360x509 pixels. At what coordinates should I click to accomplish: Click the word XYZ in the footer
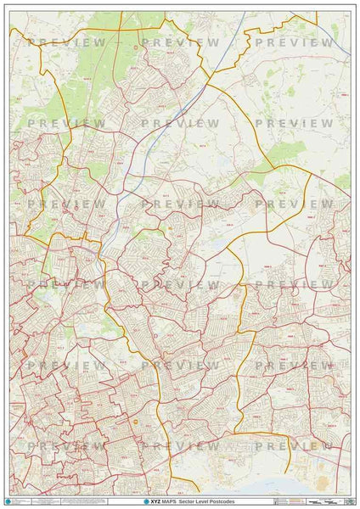tap(157, 502)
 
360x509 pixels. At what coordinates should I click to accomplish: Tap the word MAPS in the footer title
tap(171, 502)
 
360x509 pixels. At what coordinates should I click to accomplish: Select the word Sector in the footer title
tap(188, 502)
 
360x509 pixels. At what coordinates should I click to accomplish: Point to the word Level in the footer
tap(205, 502)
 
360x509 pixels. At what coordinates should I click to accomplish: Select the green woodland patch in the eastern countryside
tap(289, 153)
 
